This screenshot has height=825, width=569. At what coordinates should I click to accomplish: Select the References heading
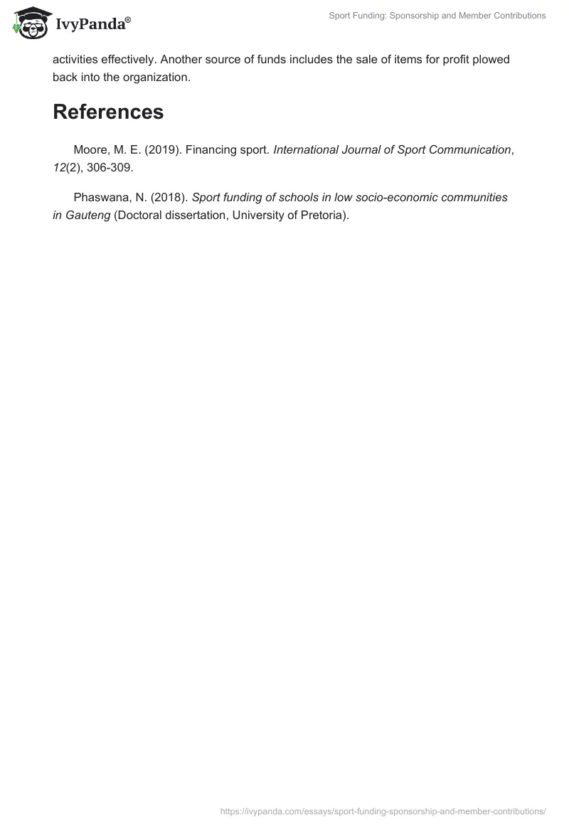pos(108,112)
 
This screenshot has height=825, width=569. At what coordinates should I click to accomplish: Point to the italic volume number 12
pos(59,168)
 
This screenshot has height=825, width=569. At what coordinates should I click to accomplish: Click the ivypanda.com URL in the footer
pos(383,811)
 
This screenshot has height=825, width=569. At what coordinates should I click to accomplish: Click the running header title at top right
pos(438,15)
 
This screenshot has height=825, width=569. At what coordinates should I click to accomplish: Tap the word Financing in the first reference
pos(215,150)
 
